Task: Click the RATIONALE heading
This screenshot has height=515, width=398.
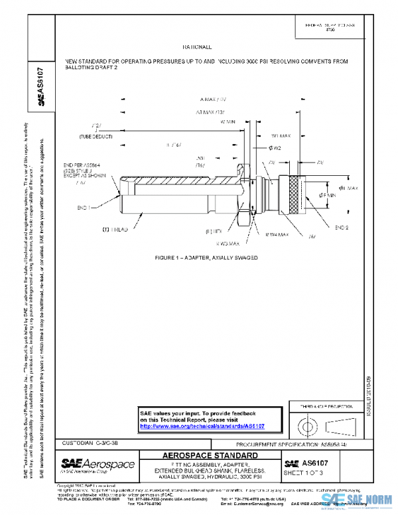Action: click(x=196, y=48)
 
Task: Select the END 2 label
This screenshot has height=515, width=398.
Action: click(x=341, y=227)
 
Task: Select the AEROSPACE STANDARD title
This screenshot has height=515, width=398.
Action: click(x=210, y=455)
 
